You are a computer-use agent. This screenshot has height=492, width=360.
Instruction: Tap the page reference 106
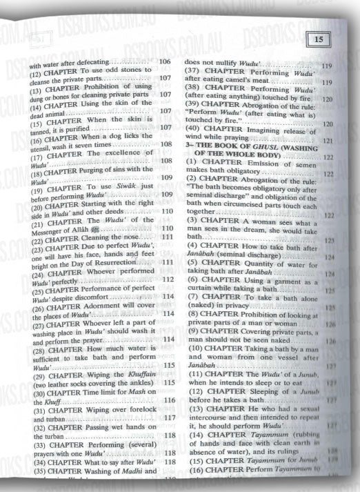point(164,62)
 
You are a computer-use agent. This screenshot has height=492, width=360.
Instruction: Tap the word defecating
point(93,63)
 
